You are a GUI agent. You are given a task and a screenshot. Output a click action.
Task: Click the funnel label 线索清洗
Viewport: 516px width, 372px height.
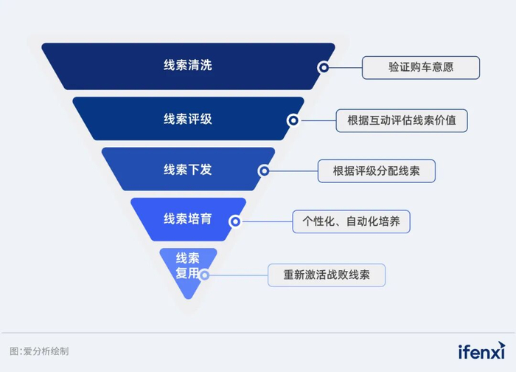tap(187, 66)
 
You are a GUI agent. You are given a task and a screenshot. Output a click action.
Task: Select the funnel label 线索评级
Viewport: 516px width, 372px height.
tap(187, 118)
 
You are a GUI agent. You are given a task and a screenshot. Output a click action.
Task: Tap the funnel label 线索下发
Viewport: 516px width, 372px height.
tap(187, 170)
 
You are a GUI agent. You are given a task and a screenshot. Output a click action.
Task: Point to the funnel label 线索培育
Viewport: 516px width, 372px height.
tap(187, 219)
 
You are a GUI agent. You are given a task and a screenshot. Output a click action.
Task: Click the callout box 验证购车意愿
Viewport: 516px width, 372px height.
tap(420, 67)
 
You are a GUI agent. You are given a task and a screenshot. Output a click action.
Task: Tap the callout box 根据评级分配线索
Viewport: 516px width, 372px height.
tap(376, 170)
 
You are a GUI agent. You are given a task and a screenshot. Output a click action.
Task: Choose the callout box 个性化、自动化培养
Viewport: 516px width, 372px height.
tap(351, 221)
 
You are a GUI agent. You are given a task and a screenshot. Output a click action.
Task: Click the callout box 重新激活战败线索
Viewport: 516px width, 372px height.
tap(327, 275)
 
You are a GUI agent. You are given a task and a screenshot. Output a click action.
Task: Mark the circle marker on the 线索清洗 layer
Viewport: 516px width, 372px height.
tap(323, 67)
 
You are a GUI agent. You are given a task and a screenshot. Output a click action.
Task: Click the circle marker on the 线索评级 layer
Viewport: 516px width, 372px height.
tap(293, 120)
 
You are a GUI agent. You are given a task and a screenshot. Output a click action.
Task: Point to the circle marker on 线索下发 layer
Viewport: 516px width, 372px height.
tap(263, 170)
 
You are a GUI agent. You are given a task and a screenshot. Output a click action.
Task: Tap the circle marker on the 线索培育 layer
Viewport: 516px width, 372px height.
tap(234, 221)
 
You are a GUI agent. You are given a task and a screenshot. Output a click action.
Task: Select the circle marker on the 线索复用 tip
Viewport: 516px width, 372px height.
tap(205, 275)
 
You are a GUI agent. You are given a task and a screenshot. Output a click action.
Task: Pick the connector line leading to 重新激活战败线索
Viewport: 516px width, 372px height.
tap(238, 275)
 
